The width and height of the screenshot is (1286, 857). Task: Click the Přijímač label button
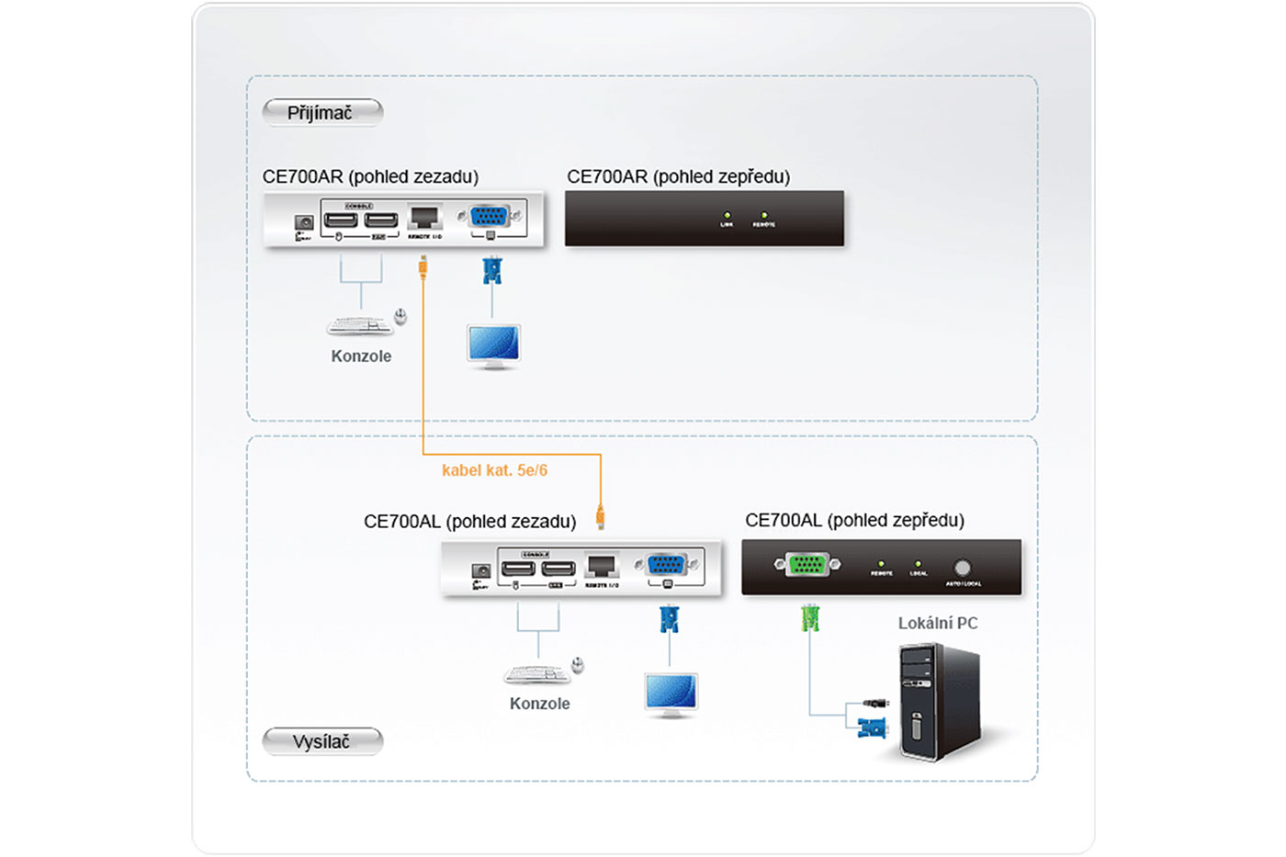coord(321,113)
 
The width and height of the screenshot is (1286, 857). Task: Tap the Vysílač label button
coord(321,741)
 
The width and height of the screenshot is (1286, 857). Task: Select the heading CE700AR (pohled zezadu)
coord(370,176)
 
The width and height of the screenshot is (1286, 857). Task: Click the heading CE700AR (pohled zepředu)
coord(678,176)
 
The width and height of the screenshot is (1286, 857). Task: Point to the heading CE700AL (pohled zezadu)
coord(469,522)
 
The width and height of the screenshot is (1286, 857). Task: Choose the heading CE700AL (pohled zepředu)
coord(854,521)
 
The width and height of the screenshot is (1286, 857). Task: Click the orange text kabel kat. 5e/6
coord(494,470)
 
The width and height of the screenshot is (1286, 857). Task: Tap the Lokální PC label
coord(937,623)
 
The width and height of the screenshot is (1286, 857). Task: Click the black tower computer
coord(939,703)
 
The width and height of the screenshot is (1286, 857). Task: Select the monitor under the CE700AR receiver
coord(493,346)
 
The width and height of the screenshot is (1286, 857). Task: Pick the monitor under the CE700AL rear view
coord(671,694)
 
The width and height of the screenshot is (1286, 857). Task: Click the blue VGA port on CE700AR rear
coord(489,217)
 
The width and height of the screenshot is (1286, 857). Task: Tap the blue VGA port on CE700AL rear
coord(666,565)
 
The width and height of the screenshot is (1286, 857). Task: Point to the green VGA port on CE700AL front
coord(807,565)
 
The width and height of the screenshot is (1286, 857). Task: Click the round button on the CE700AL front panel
coord(962,568)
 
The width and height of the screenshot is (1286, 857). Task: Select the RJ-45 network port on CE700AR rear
coord(423,218)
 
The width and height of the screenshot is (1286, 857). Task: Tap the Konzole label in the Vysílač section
coord(539,704)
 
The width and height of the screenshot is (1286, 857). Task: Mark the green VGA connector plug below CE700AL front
coord(809,618)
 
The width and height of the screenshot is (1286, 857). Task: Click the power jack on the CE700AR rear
coord(304,222)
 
